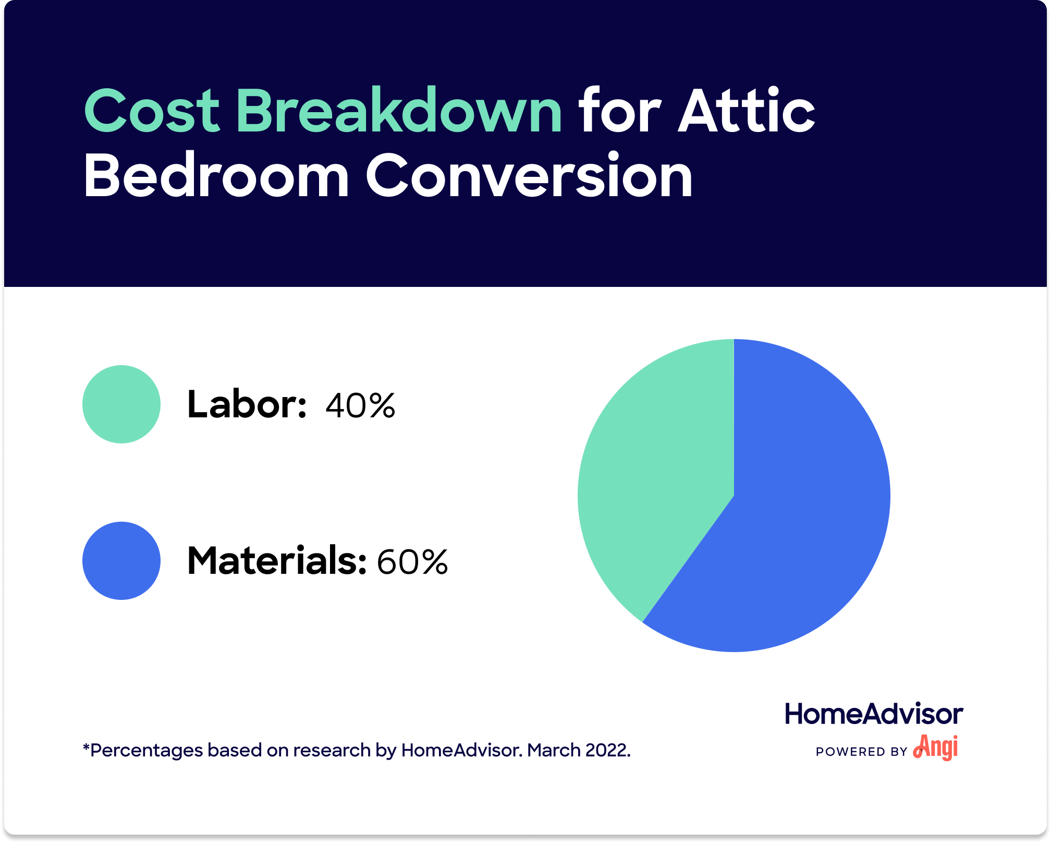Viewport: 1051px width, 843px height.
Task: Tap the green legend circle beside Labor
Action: pos(121,404)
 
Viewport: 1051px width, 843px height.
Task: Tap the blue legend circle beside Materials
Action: pos(121,561)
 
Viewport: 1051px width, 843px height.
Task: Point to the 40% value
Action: pos(360,405)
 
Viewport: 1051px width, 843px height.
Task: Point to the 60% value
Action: pos(412,562)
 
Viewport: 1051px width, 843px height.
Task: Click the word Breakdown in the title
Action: pos(399,111)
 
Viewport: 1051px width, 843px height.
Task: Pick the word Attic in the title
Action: pos(747,111)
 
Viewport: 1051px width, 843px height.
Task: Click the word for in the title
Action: pos(619,111)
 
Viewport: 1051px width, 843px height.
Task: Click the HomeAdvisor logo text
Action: pos(874,714)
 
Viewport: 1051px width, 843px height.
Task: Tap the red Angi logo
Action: pos(936,748)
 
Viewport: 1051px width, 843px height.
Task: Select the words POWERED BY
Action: pos(861,752)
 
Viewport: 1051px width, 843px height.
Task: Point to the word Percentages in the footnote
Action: pos(146,750)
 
